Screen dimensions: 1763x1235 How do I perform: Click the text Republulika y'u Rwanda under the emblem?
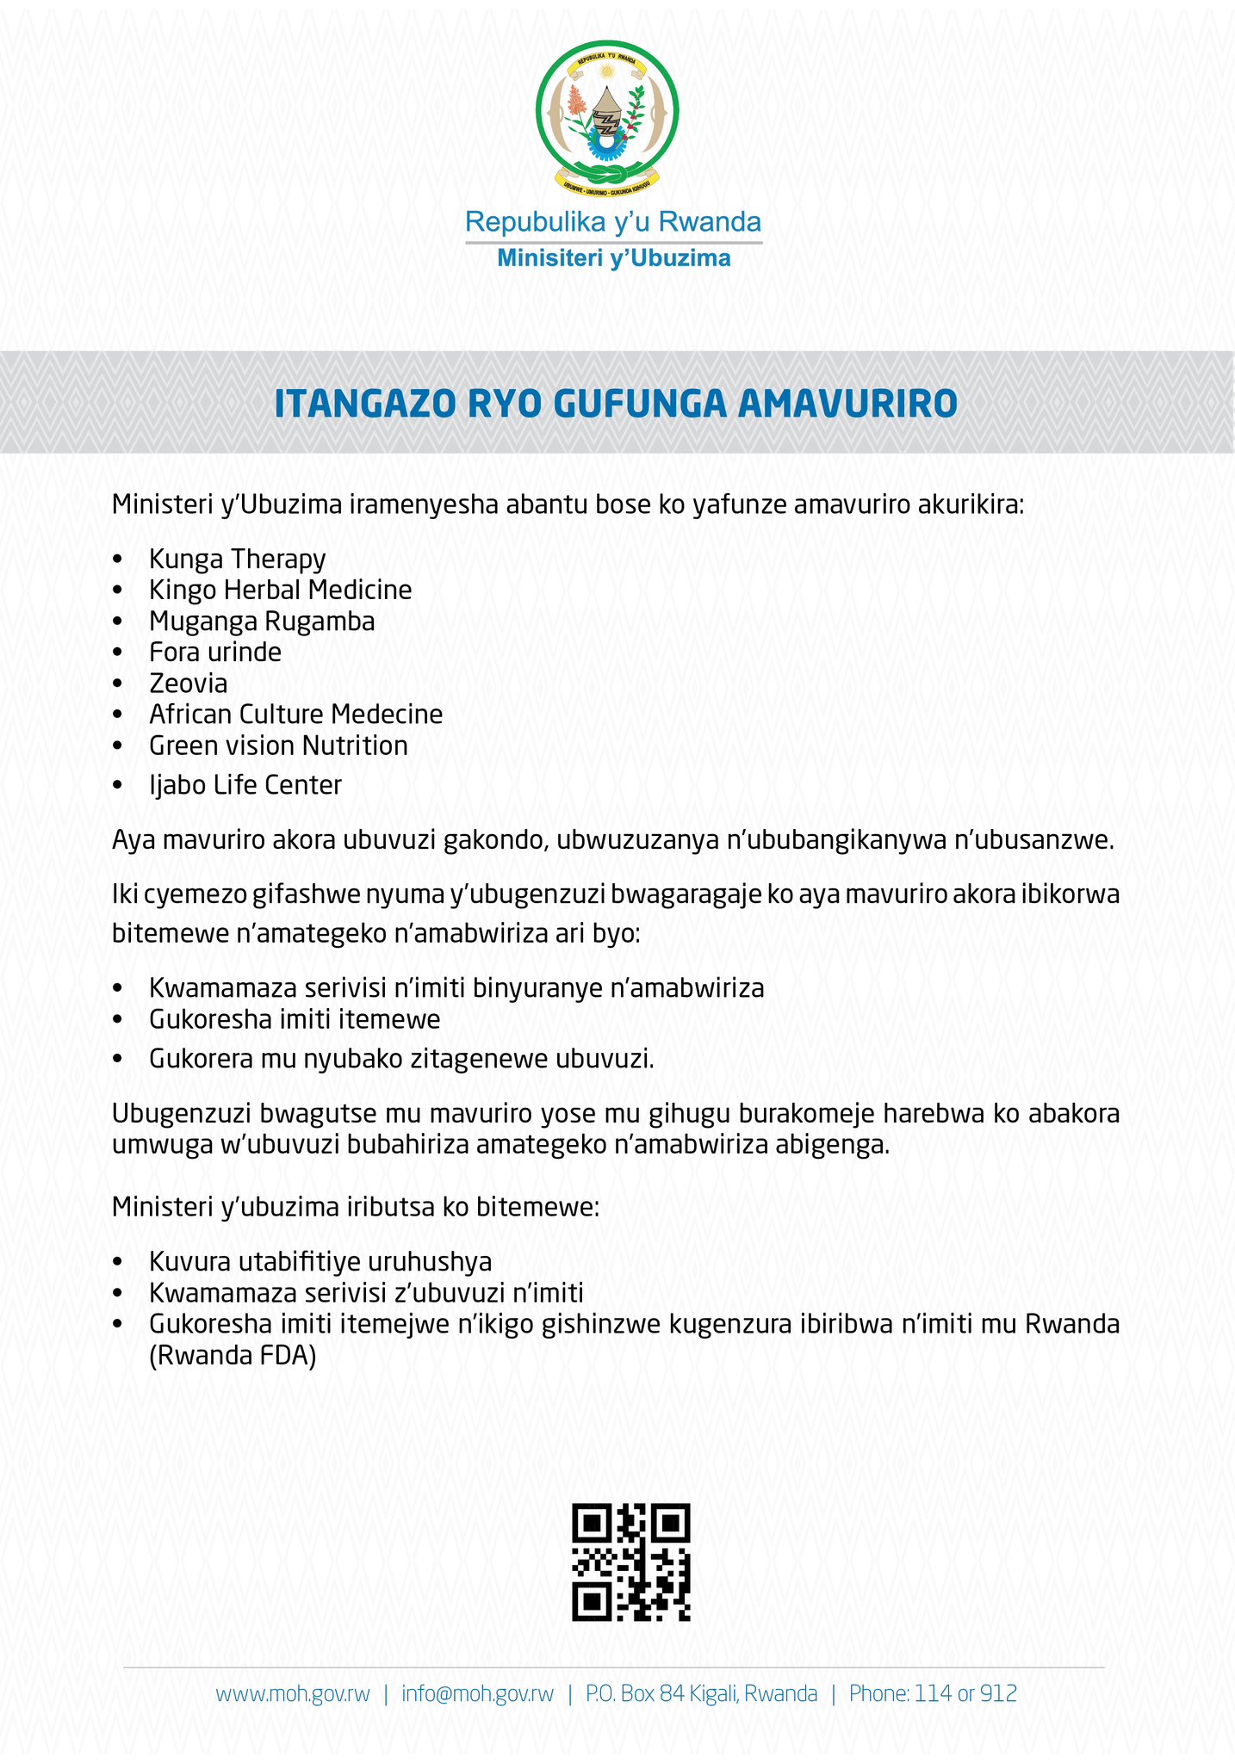(x=612, y=222)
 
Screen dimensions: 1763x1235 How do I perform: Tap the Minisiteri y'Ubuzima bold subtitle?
(x=613, y=257)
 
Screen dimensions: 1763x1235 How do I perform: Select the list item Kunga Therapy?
(x=237, y=559)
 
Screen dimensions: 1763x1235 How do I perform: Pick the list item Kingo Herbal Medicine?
(x=280, y=590)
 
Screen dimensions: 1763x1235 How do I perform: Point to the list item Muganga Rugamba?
(x=262, y=621)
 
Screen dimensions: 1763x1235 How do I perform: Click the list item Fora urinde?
(x=215, y=652)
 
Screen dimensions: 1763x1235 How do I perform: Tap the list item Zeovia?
(x=189, y=684)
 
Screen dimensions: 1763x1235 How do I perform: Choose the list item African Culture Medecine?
(x=295, y=714)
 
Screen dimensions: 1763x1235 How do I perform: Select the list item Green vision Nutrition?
(x=278, y=745)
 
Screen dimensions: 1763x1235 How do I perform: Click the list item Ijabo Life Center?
(x=245, y=785)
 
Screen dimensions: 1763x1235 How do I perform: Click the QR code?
(x=631, y=1562)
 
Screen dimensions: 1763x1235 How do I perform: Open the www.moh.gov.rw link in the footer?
(x=293, y=1694)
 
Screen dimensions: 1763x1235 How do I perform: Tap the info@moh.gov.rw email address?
(x=477, y=1694)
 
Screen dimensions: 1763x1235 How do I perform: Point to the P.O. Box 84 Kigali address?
(x=701, y=1694)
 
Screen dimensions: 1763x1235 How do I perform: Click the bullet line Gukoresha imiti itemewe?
(x=295, y=1019)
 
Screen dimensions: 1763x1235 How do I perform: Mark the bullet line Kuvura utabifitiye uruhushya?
(x=320, y=1262)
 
